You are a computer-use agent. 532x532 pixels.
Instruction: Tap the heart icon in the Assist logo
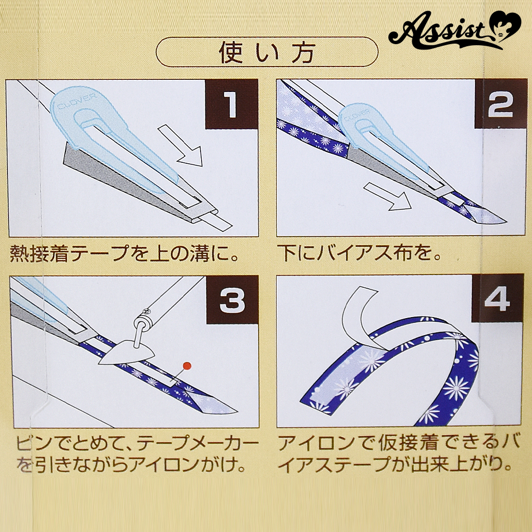(x=505, y=25)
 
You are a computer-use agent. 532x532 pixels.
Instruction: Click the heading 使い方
(x=267, y=53)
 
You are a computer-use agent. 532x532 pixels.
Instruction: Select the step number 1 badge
(x=232, y=104)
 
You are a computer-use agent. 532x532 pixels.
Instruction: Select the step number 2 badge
(x=500, y=104)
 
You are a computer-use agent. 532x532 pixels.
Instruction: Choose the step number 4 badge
(x=497, y=298)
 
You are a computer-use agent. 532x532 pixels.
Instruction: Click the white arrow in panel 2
(x=387, y=197)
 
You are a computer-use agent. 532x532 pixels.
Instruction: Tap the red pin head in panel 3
(x=187, y=366)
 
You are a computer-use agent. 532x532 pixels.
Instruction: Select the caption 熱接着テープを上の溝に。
(x=124, y=253)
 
